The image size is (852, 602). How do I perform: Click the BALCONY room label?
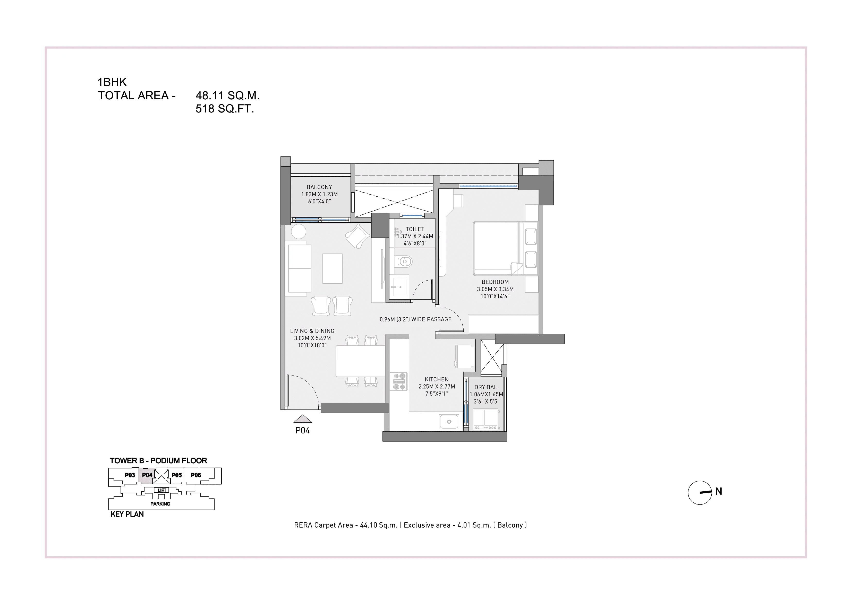(x=319, y=187)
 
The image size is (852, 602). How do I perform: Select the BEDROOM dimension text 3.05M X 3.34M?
(x=495, y=289)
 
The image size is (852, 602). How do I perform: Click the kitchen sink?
(x=449, y=422)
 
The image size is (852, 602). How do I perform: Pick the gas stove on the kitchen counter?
(x=400, y=382)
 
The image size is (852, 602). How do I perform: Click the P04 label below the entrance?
(x=302, y=430)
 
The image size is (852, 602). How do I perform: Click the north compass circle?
(x=700, y=493)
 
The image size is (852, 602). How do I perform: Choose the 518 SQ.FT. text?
(x=225, y=109)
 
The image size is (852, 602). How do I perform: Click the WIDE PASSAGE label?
(x=416, y=319)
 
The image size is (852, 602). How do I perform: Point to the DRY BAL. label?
(x=486, y=387)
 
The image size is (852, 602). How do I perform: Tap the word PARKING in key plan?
(x=160, y=504)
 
